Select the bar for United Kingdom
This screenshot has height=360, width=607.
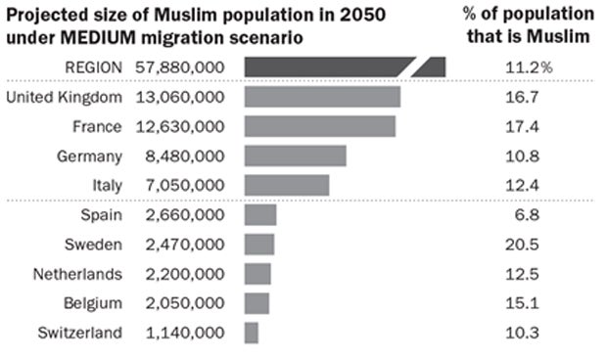pos(321,97)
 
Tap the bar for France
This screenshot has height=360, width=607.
pos(319,126)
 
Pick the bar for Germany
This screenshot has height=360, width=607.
pos(295,157)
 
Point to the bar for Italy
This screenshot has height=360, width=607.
pos(286,185)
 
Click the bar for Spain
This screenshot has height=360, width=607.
pos(259,215)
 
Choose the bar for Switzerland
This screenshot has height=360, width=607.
pos(251,333)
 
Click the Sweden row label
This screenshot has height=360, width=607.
pos(95,245)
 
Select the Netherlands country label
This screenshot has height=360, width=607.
pos(77,274)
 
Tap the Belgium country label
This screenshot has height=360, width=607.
pos(94,303)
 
